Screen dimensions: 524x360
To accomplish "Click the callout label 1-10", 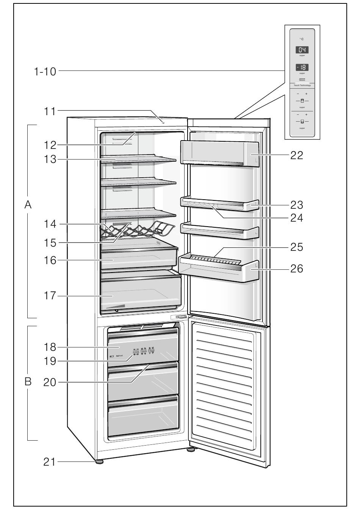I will [x=45, y=71].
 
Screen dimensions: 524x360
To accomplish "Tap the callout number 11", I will [x=50, y=111].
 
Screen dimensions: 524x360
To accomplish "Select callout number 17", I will [x=50, y=296].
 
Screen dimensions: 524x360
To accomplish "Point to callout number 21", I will [x=50, y=462].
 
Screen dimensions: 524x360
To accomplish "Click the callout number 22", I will [x=297, y=155].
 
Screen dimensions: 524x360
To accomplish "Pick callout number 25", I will [x=297, y=247].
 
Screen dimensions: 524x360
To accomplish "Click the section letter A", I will [x=28, y=205].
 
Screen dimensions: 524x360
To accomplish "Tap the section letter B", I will [x=28, y=382].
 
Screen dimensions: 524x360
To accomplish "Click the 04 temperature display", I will [x=302, y=50].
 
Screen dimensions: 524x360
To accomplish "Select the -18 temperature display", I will [x=302, y=67].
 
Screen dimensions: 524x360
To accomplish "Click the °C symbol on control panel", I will [x=302, y=39].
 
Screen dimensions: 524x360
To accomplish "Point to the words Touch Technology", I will [x=302, y=85].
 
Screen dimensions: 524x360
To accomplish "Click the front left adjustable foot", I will [x=100, y=462].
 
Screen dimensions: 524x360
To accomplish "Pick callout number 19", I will [x=50, y=361].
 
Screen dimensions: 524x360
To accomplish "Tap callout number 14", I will [x=50, y=224].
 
